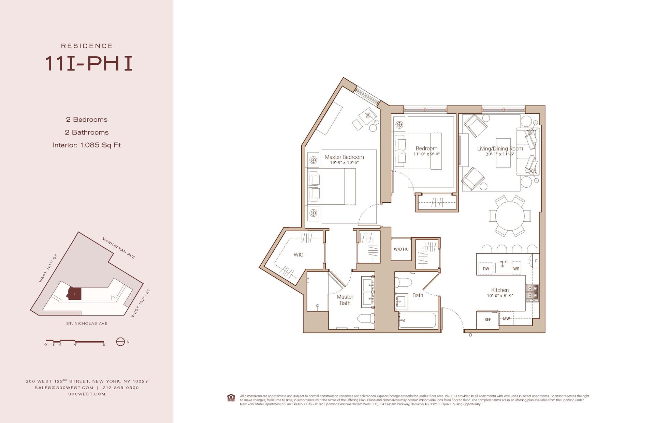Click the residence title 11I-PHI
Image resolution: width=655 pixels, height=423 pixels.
click(x=88, y=64)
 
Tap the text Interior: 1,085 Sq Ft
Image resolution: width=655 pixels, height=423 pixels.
click(x=87, y=145)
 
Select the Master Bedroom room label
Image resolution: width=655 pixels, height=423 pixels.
click(x=344, y=157)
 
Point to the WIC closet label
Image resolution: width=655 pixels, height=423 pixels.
click(x=298, y=254)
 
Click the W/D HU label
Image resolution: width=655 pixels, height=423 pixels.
click(x=401, y=249)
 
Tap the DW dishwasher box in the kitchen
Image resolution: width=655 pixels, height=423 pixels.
click(x=486, y=268)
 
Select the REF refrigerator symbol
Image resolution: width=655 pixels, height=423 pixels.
click(x=487, y=319)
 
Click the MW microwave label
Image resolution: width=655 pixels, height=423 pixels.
click(x=506, y=318)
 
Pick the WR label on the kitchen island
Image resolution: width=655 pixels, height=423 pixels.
click(x=516, y=268)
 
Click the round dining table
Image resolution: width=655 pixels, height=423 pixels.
click(x=510, y=216)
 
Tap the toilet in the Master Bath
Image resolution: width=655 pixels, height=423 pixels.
click(x=366, y=318)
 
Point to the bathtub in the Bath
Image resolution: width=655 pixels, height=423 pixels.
click(x=418, y=320)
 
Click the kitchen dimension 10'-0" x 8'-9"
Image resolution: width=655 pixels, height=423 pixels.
click(x=500, y=296)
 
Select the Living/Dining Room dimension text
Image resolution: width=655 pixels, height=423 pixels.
click(x=500, y=154)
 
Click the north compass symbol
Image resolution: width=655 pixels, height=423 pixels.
click(x=120, y=342)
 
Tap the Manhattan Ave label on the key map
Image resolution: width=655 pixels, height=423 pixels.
click(x=119, y=248)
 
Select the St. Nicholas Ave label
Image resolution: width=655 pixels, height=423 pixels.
click(x=87, y=324)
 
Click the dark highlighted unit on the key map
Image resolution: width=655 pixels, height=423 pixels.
click(x=75, y=294)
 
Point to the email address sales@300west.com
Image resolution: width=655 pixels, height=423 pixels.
click(x=64, y=388)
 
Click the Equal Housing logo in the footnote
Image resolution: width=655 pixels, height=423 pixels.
click(x=231, y=398)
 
